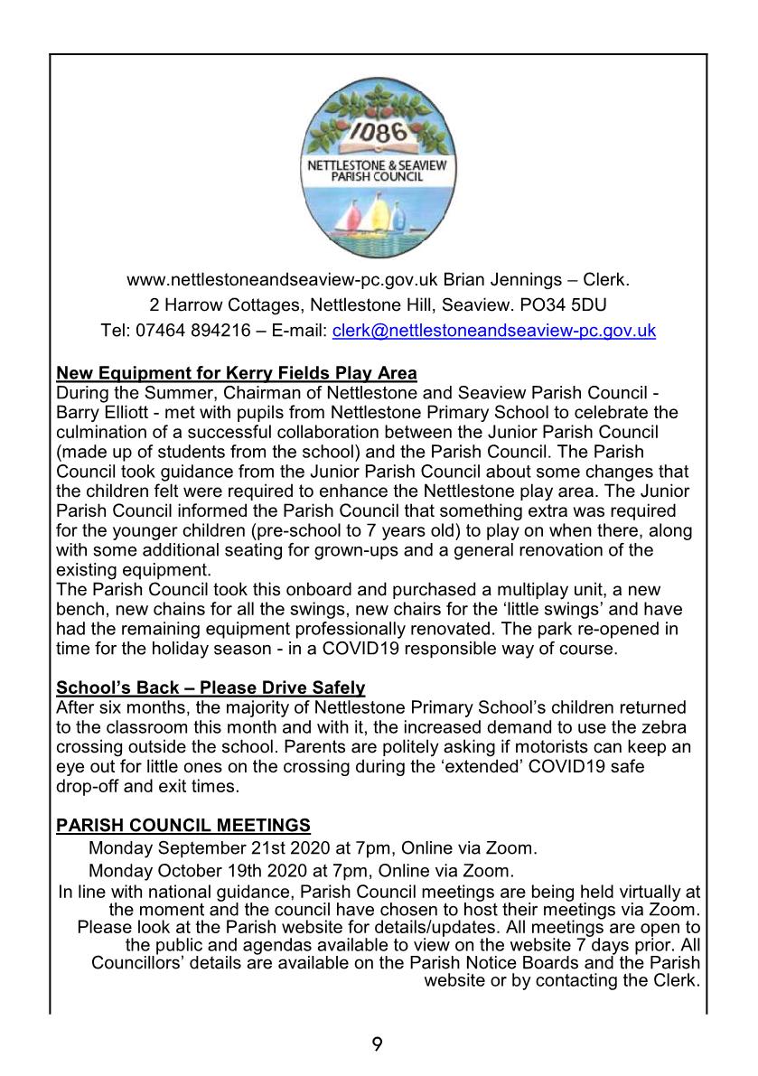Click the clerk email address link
[x=494, y=331]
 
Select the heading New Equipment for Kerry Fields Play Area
[x=237, y=372]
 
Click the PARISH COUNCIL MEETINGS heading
[x=183, y=825]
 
